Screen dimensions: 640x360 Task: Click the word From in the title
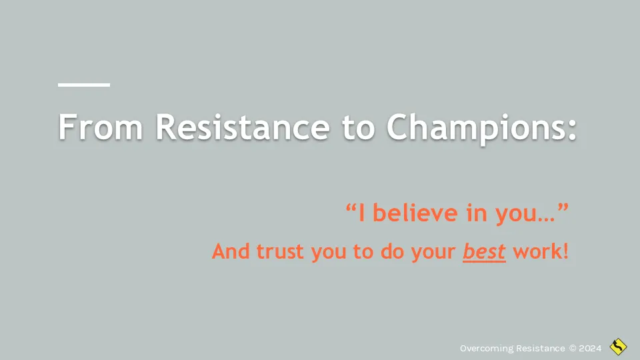pyautogui.click(x=101, y=127)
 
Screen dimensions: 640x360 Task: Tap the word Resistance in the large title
pyautogui.click(x=243, y=127)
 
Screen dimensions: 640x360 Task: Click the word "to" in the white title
pyautogui.click(x=358, y=128)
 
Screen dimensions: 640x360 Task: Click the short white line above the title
pyautogui.click(x=84, y=85)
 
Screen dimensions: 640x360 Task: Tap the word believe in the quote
pyautogui.click(x=415, y=213)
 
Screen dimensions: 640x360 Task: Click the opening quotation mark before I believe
pyautogui.click(x=351, y=208)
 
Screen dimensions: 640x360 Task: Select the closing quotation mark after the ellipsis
pyautogui.click(x=563, y=208)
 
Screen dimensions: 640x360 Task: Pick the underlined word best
pyautogui.click(x=484, y=251)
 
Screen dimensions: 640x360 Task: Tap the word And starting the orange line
pyautogui.click(x=231, y=251)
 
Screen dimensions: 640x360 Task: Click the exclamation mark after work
pyautogui.click(x=565, y=251)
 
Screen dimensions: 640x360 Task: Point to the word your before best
pyautogui.click(x=433, y=253)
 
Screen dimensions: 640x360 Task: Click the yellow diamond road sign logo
pyautogui.click(x=619, y=347)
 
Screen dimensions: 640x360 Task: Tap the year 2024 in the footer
pyautogui.click(x=590, y=348)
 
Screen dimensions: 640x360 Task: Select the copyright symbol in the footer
pyautogui.click(x=573, y=348)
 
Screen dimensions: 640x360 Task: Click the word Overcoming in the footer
pyautogui.click(x=487, y=349)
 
